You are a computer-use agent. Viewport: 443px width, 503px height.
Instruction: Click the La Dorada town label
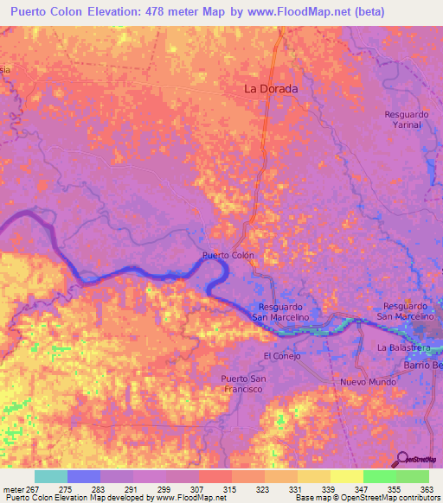pos(271,89)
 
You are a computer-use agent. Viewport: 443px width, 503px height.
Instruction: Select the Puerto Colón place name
pos(228,256)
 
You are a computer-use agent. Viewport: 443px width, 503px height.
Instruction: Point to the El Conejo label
pos(279,355)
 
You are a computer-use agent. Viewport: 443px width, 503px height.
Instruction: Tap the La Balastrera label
pos(403,347)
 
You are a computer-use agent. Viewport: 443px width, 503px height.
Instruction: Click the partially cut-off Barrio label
pos(423,366)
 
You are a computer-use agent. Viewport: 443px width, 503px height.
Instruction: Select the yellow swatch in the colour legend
pos(346,476)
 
